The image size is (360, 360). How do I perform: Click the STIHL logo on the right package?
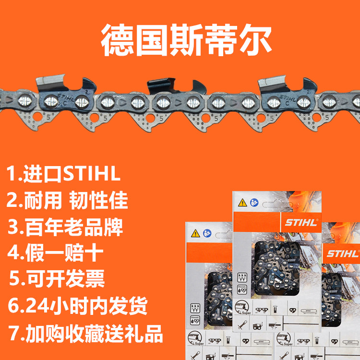342,253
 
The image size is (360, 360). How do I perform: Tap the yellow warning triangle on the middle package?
243,203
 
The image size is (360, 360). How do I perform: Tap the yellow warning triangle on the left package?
195,234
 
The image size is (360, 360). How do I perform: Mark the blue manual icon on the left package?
207,233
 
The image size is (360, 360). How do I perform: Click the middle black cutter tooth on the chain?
170,86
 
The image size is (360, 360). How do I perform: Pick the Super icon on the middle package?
245,307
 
